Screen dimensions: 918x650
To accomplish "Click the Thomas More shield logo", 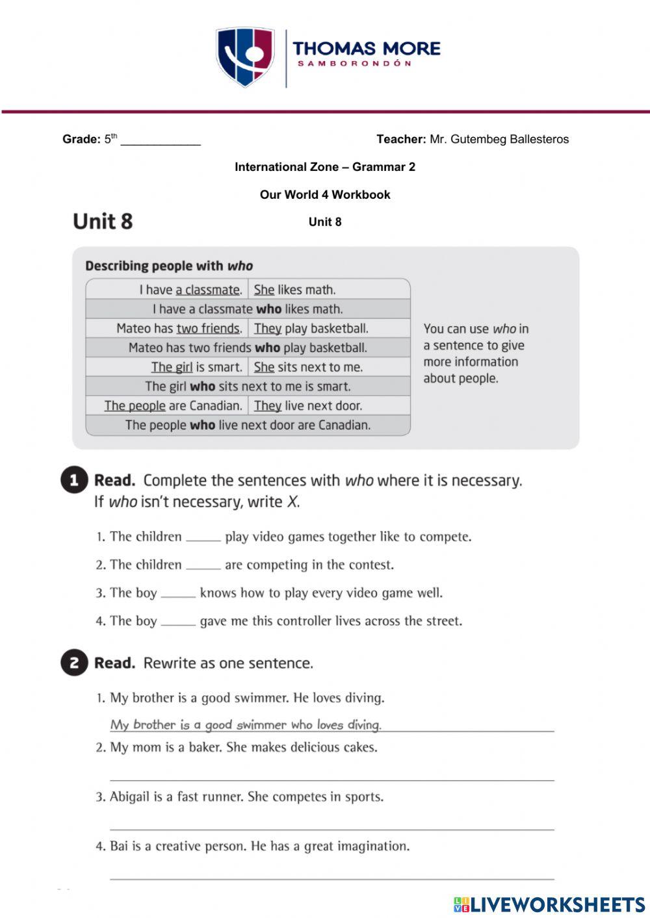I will coord(245,57).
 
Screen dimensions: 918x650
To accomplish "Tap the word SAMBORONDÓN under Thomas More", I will coord(354,64).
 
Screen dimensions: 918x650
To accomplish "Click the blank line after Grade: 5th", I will coord(161,141).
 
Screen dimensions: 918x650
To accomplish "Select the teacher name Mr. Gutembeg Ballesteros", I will coord(499,139).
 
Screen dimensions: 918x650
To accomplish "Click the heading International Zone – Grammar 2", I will coord(325,167).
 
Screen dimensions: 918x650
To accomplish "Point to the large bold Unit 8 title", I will coord(103,222).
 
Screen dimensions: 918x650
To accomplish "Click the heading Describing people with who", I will coord(169,266).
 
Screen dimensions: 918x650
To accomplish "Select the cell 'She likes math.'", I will coord(294,290).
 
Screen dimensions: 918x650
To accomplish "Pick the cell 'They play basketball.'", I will coord(311,329).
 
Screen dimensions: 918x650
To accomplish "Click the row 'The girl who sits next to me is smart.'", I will coord(248,387).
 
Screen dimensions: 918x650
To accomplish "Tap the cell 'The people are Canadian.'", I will coord(173,406).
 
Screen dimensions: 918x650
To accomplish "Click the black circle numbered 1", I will coord(73,481).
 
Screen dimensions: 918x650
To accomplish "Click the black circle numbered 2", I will coord(73,663).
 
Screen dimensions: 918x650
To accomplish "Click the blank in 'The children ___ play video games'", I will coord(203,538).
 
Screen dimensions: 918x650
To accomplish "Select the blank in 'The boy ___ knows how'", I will coord(178,594).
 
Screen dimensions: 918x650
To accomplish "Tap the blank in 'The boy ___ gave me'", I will coord(178,622).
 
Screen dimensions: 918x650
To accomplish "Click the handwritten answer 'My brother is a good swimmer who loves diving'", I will coord(246,724).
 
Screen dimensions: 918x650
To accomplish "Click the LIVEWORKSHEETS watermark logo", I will coord(549,904).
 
